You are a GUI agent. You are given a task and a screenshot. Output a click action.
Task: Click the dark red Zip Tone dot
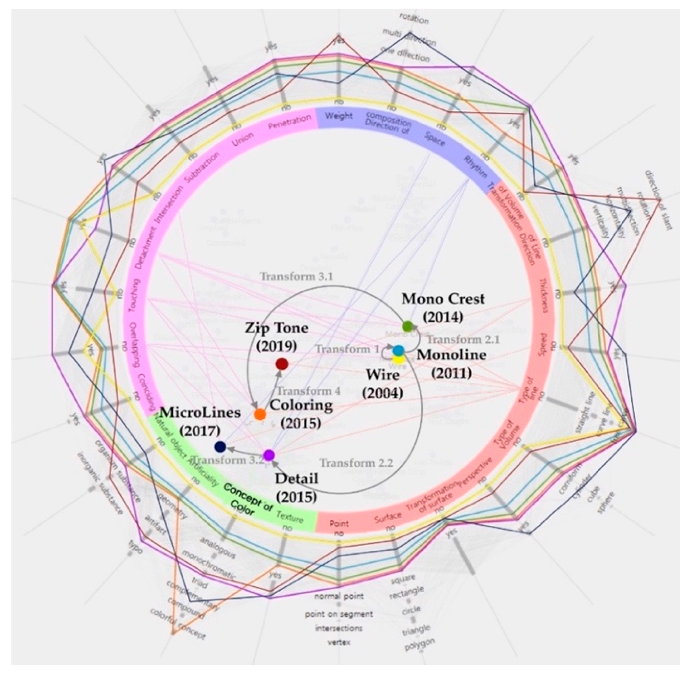(x=282, y=364)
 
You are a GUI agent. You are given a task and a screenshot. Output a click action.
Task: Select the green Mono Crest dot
(x=407, y=326)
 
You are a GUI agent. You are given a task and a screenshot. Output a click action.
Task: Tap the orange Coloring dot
(x=260, y=414)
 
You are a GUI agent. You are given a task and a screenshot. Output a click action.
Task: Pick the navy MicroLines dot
(x=220, y=446)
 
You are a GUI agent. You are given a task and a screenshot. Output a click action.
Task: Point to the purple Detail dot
(x=269, y=455)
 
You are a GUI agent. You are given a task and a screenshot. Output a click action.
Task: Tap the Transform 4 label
(x=309, y=391)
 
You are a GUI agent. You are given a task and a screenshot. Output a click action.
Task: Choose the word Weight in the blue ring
(x=339, y=116)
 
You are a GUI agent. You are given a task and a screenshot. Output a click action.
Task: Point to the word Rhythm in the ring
(x=475, y=167)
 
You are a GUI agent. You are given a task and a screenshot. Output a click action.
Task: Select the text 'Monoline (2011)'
(x=451, y=364)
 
